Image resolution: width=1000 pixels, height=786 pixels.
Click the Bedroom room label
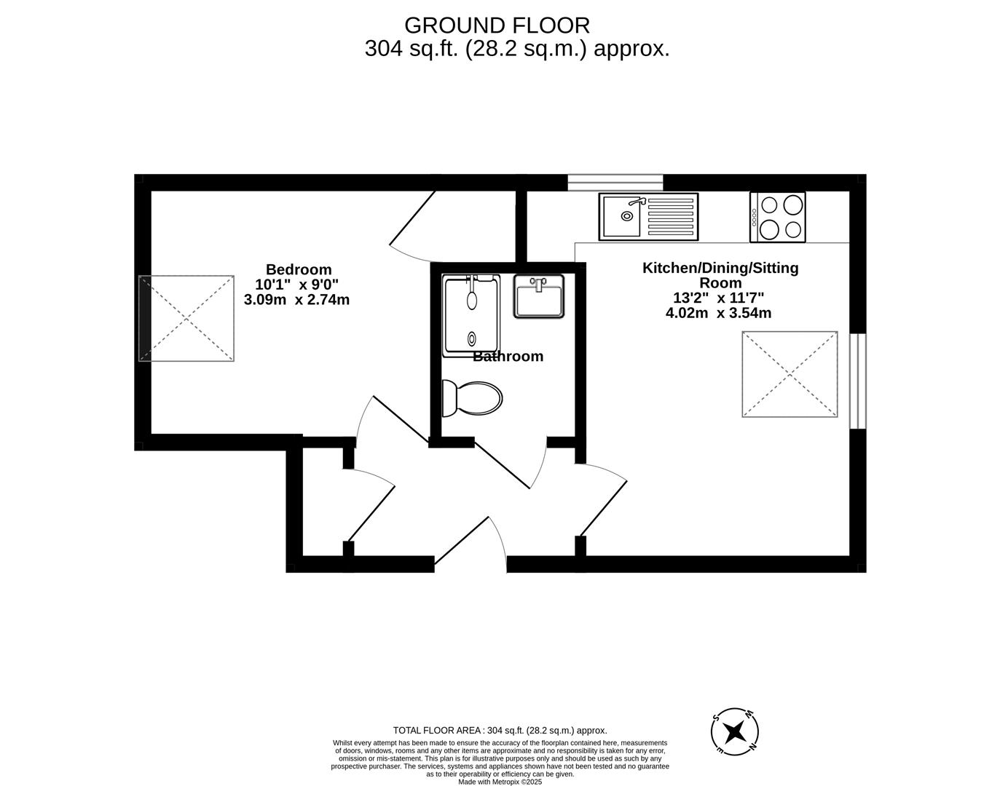pyautogui.click(x=299, y=269)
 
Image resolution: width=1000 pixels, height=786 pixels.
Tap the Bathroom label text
pyautogui.click(x=508, y=356)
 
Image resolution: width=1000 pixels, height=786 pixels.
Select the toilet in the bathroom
pyautogui.click(x=472, y=399)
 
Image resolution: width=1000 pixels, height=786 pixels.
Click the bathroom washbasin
pyautogui.click(x=538, y=296)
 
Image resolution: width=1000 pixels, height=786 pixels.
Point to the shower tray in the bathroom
pyautogui.click(x=472, y=316)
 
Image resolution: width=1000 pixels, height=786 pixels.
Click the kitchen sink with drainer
pyautogui.click(x=648, y=217)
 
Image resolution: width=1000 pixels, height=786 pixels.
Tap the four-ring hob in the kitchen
pyautogui.click(x=777, y=218)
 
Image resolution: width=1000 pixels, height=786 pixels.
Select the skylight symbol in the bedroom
pyautogui.click(x=186, y=319)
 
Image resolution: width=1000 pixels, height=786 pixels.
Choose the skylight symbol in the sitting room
pyautogui.click(x=790, y=374)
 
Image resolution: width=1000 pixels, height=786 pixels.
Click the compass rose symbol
pyautogui.click(x=735, y=732)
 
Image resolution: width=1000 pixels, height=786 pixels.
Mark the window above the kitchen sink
pyautogui.click(x=615, y=183)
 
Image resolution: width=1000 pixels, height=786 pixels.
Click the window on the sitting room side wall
pyautogui.click(x=858, y=381)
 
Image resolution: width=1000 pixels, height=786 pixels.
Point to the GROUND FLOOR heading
pyautogui.click(x=497, y=25)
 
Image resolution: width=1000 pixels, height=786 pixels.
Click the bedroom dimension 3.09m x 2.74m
pyautogui.click(x=296, y=300)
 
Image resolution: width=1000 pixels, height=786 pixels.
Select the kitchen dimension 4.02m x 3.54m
pyautogui.click(x=718, y=313)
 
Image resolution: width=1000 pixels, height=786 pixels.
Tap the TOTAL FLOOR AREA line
pyautogui.click(x=500, y=730)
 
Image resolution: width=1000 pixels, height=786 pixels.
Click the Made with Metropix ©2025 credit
pyautogui.click(x=500, y=782)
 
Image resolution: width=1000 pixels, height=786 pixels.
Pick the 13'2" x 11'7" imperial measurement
pyautogui.click(x=718, y=297)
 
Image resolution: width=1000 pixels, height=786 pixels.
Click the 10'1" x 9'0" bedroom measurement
pyautogui.click(x=296, y=284)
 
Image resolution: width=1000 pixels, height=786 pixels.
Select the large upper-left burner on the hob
pyautogui.click(x=769, y=205)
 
